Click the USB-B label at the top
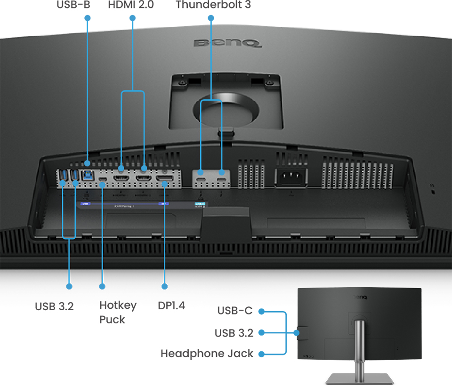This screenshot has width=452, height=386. tap(73, 6)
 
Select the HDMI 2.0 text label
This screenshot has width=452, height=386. tap(130, 6)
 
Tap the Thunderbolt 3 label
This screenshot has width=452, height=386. tap(213, 6)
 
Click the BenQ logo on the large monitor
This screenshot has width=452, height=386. tap(227, 43)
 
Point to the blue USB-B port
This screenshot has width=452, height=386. tap(88, 176)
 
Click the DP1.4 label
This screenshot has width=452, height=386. tap(171, 306)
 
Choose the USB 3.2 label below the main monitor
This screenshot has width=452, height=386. tap(54, 306)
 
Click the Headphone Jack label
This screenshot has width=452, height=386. tap(207, 354)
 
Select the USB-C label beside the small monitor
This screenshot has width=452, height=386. tap(234, 311)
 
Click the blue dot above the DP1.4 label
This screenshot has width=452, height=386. tap(164, 286)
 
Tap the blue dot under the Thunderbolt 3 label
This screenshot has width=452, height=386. tap(210, 18)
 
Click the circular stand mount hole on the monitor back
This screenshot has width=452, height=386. tap(226, 109)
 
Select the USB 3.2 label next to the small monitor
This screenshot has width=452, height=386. tap(234, 333)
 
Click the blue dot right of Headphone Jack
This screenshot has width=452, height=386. tap(261, 354)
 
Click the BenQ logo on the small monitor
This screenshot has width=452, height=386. tap(360, 297)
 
